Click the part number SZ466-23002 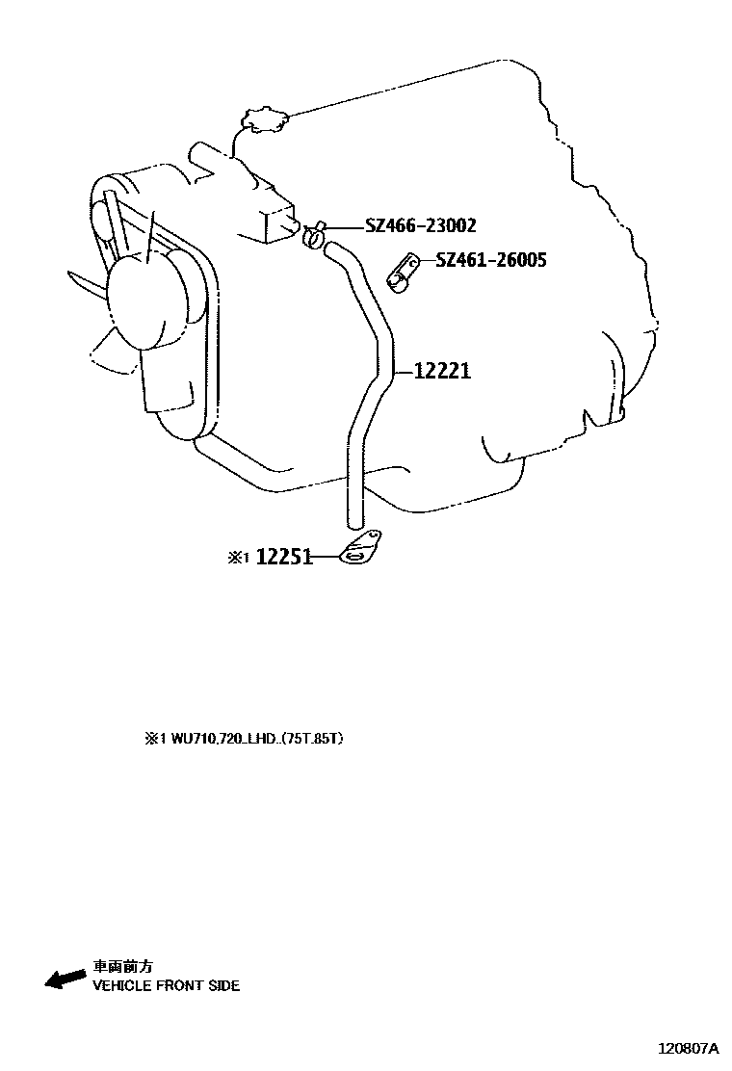pyautogui.click(x=420, y=226)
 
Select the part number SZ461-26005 pyautogui.click(x=490, y=259)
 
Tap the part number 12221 pyautogui.click(x=442, y=370)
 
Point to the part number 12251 pyautogui.click(x=284, y=557)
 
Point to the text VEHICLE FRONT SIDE pyautogui.click(x=166, y=985)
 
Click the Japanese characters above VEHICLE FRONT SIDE pyautogui.click(x=121, y=965)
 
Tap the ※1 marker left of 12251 pyautogui.click(x=238, y=557)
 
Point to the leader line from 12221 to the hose pyautogui.click(x=404, y=370)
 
